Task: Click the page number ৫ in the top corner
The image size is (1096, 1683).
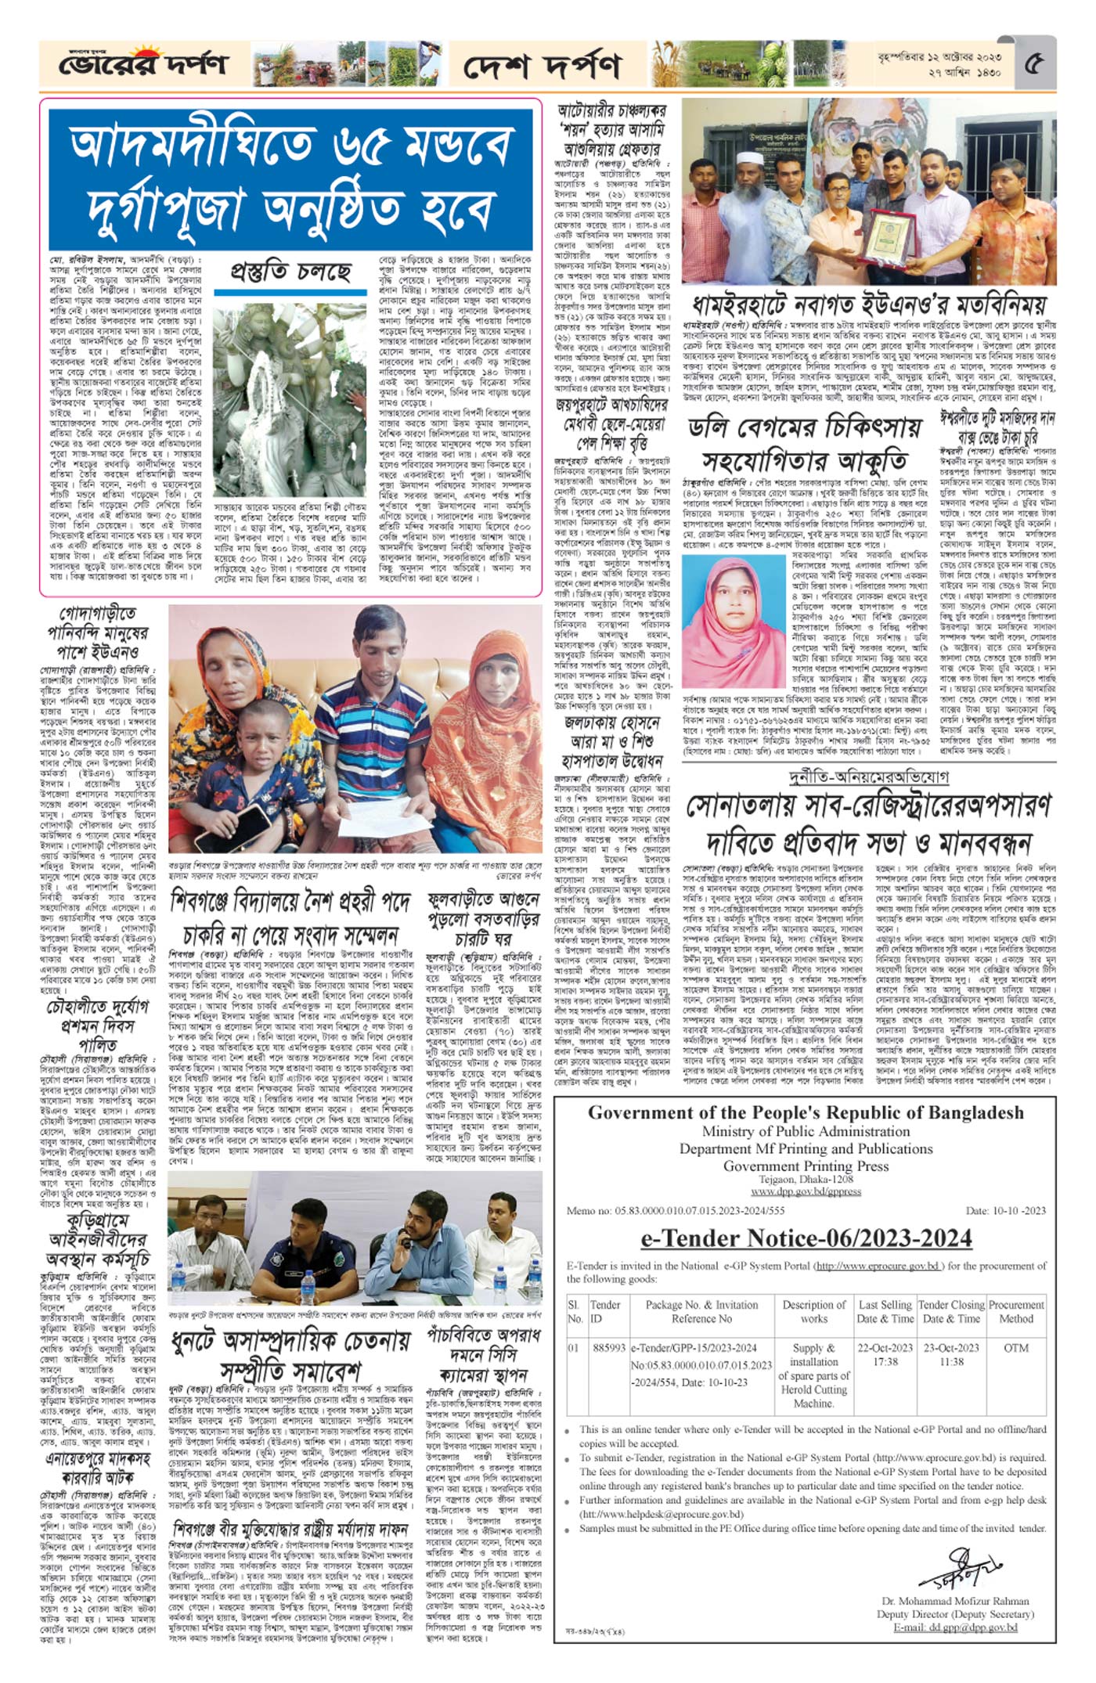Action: [1033, 63]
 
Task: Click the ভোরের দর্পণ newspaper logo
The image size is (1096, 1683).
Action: [143, 63]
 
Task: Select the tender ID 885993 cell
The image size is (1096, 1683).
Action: [609, 1348]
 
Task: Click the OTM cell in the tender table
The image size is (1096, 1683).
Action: [1016, 1348]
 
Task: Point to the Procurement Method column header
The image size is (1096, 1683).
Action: [1016, 1311]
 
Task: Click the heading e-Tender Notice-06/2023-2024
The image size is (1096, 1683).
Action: [806, 1238]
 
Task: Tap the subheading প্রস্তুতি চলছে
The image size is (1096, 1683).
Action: [290, 272]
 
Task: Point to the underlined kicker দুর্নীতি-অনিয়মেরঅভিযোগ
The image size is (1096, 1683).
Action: [869, 777]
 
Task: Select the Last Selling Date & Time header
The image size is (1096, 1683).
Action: [885, 1311]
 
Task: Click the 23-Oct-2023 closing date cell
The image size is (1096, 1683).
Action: [951, 1348]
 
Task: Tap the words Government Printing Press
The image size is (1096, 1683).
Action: [806, 1166]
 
